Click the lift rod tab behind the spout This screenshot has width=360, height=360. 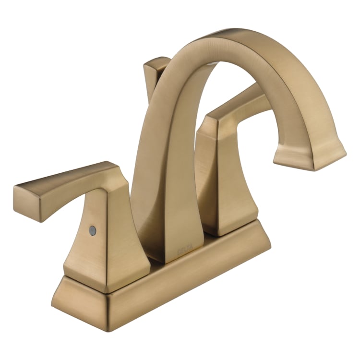[156, 72]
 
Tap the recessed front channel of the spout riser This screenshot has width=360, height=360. [166, 182]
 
